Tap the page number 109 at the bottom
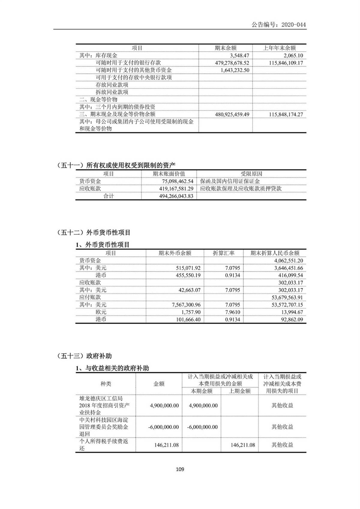[x=180, y=469]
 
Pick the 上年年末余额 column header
[x=279, y=48]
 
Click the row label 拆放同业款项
[x=112, y=92]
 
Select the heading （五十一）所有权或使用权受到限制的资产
[x=116, y=165]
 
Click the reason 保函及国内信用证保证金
[x=230, y=181]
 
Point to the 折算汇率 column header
[x=223, y=253]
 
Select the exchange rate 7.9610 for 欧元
[x=232, y=312]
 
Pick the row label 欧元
[x=101, y=312]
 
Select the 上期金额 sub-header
[x=239, y=391]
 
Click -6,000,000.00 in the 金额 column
[x=163, y=427]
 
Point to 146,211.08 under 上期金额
[x=243, y=445]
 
